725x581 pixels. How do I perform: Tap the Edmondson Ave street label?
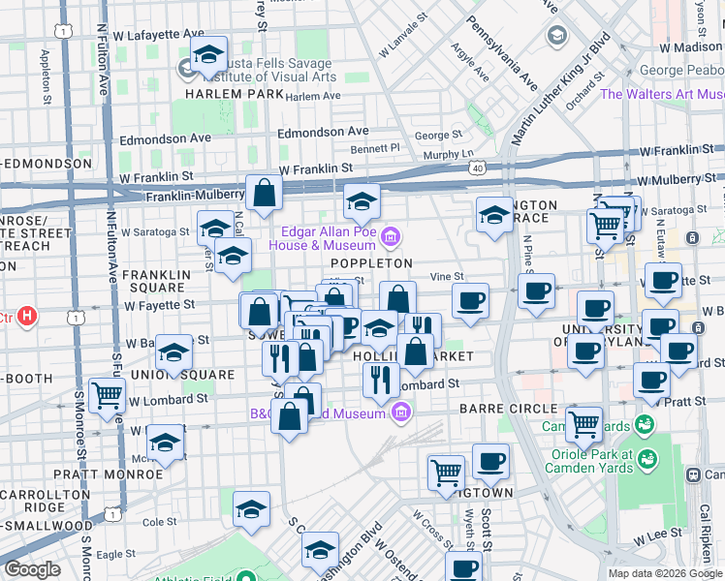[x=324, y=132]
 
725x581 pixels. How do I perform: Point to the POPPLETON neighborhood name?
[x=372, y=263]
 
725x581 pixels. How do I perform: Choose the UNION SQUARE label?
[x=195, y=374]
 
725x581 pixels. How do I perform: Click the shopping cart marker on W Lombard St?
[x=107, y=395]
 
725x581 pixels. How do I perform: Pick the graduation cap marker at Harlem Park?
[x=208, y=55]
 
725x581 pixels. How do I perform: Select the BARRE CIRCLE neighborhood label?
[x=508, y=409]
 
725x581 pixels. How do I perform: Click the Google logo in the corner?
[x=32, y=569]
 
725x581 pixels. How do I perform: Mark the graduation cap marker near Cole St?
[x=251, y=510]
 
